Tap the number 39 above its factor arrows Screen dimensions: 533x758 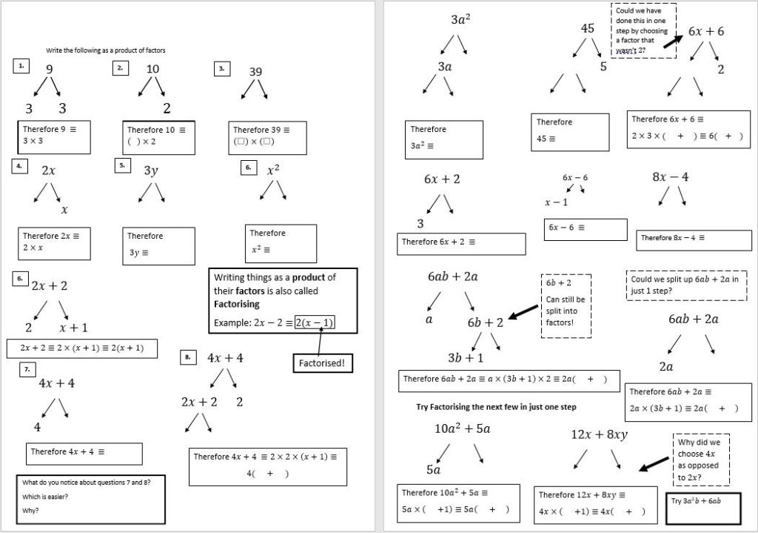255,72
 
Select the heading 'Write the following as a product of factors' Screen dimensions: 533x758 106,50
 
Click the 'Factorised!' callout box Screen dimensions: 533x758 322,363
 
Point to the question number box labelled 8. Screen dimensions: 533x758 188,357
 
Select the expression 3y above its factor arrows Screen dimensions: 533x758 151,171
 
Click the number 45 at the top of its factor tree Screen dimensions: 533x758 587,28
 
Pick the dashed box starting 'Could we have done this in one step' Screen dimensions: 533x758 641,30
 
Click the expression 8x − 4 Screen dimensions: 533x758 671,177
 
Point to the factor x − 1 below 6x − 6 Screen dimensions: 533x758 557,202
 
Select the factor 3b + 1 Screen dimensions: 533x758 466,357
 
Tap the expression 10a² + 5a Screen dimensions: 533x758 462,428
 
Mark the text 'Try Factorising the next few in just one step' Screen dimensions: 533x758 496,407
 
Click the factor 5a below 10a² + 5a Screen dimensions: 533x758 433,469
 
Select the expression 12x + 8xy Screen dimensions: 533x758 599,434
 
